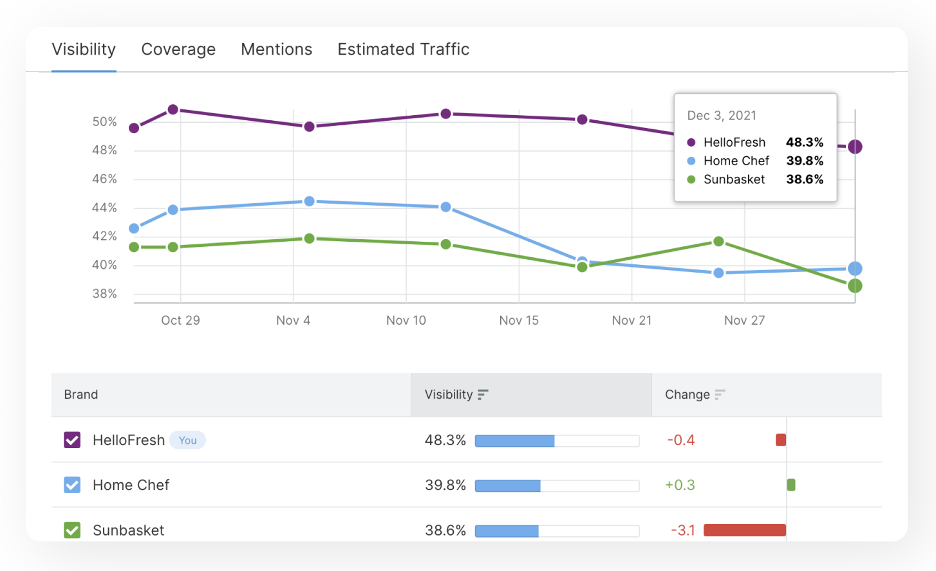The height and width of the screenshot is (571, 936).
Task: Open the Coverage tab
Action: click(x=178, y=50)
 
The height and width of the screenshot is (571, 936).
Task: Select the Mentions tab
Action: click(x=276, y=50)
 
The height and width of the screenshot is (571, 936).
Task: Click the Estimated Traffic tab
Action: click(x=403, y=50)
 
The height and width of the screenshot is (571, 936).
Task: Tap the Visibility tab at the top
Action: click(x=84, y=50)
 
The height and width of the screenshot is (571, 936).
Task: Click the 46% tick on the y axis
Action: click(x=104, y=179)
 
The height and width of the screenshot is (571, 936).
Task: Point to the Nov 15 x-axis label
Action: click(x=519, y=320)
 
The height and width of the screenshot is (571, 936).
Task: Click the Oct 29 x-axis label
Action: click(x=180, y=320)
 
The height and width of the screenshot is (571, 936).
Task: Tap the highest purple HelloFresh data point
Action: click(x=173, y=110)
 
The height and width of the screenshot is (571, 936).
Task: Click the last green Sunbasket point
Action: click(x=855, y=286)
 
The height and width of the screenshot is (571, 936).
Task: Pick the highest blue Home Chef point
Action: click(x=309, y=201)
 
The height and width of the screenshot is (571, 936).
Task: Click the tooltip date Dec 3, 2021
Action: click(x=722, y=116)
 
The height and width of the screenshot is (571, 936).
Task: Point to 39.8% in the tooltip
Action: click(x=805, y=161)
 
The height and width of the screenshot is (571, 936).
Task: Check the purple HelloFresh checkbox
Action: click(x=72, y=440)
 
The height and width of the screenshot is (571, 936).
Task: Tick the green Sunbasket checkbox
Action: click(x=72, y=530)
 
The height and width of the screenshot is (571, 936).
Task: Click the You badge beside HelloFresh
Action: click(x=187, y=440)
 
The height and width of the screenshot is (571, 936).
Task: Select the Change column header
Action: click(x=688, y=395)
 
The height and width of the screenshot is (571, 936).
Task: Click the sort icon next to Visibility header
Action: click(x=483, y=395)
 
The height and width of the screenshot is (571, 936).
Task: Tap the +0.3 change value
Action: click(x=680, y=485)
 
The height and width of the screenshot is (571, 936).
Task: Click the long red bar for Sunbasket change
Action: click(x=745, y=530)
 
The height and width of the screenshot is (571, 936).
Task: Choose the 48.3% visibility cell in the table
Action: click(x=445, y=440)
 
